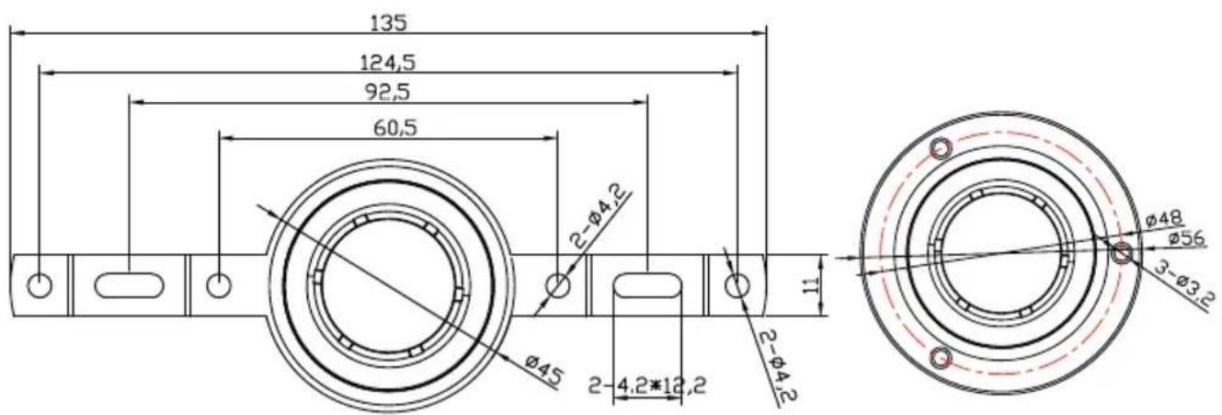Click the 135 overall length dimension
(388, 24)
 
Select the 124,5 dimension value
(387, 63)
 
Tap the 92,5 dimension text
(387, 92)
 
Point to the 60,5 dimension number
(395, 128)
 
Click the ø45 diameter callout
(542, 370)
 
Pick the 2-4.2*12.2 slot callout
(647, 386)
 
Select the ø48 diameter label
(1165, 220)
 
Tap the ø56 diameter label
(1186, 238)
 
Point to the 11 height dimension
(812, 284)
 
